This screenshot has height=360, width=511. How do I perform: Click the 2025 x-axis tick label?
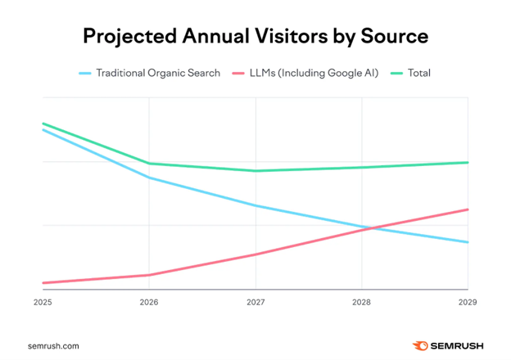[43, 302]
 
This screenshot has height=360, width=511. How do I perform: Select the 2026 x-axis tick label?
[148, 302]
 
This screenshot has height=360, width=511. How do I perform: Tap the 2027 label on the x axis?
[255, 302]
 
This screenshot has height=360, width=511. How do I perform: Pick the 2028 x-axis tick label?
[361, 302]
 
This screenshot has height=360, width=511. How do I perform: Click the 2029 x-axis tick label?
[468, 302]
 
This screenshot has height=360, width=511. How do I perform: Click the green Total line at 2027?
[255, 171]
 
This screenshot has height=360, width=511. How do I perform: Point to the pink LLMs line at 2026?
[149, 275]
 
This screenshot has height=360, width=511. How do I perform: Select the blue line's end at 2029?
[467, 242]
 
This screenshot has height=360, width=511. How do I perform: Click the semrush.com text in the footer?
[52, 345]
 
